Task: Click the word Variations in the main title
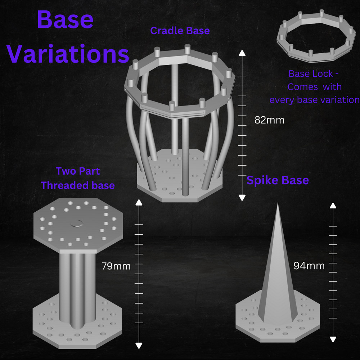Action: point(68,53)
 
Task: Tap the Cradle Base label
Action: point(180,31)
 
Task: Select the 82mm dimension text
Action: point(269,120)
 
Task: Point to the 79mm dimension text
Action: point(116,266)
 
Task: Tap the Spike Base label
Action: point(278,180)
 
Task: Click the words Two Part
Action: point(78,171)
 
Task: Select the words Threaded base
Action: point(78,185)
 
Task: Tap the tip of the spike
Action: point(278,204)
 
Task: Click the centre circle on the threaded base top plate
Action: point(77,224)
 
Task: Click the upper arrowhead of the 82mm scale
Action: point(242,53)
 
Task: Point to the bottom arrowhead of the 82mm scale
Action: point(242,198)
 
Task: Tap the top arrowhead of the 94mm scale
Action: point(333,206)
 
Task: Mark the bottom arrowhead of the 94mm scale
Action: point(333,339)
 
